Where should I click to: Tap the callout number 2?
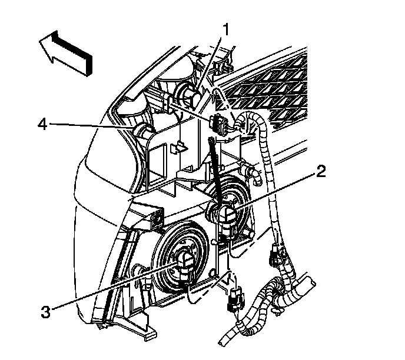point(320,172)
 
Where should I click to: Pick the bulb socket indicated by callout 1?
point(190,94)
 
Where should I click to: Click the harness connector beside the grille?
point(218,125)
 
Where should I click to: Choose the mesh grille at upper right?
point(283,82)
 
